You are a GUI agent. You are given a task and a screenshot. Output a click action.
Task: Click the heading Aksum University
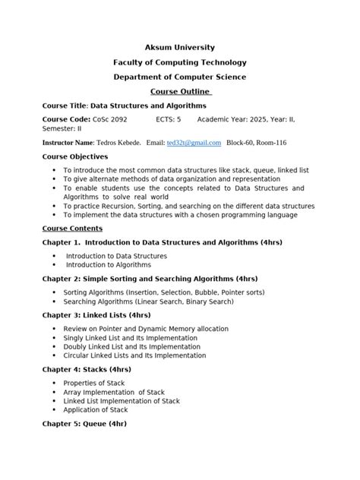180,47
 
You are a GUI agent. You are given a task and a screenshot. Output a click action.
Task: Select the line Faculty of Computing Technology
180,62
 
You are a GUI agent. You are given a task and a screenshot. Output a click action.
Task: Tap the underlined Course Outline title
180,92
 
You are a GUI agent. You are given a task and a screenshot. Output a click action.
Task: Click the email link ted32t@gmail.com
194,143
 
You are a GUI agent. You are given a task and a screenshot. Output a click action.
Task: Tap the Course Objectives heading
75,156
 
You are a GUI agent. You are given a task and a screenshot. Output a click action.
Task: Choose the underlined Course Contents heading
72,228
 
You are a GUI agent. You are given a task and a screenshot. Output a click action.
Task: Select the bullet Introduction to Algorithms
109,265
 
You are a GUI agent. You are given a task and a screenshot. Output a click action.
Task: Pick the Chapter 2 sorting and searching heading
150,279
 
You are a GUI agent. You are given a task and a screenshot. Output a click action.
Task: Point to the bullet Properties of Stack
94,384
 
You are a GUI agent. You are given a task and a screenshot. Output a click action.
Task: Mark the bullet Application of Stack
97,410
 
